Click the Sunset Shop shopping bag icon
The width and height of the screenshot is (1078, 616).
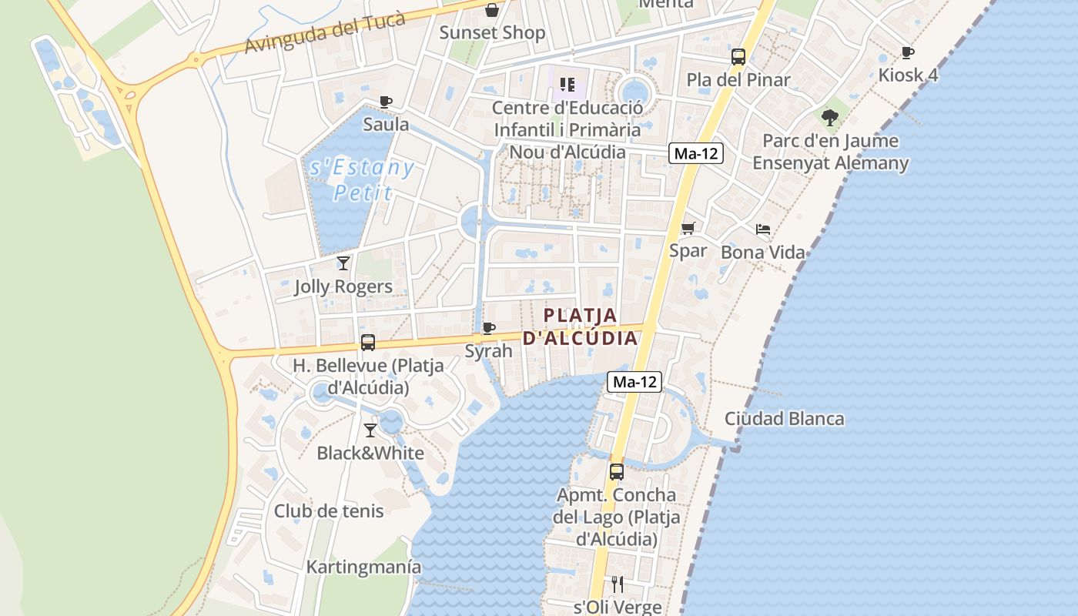click(492, 10)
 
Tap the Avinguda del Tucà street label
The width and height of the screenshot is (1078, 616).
click(325, 33)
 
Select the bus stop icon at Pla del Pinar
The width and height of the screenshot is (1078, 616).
click(738, 56)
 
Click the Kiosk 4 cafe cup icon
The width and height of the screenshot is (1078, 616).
click(908, 52)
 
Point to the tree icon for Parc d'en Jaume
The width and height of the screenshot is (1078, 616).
click(829, 118)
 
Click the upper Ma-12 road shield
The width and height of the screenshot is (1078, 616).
click(695, 153)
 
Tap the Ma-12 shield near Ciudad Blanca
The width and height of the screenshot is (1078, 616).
click(634, 381)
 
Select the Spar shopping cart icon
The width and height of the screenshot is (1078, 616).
click(688, 228)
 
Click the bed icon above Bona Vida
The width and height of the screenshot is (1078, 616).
click(762, 229)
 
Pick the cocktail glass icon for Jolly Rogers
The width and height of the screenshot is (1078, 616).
click(343, 263)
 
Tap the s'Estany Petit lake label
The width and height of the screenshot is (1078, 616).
click(361, 179)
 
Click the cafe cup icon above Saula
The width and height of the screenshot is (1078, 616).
click(386, 102)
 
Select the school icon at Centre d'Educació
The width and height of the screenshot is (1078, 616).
click(567, 85)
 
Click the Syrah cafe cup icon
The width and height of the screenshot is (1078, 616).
click(488, 329)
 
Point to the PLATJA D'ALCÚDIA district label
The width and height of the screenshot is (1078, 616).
click(581, 326)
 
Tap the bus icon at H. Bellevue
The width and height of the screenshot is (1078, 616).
click(368, 343)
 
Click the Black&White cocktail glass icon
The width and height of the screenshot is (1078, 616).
click(370, 430)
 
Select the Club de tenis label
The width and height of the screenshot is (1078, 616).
click(329, 511)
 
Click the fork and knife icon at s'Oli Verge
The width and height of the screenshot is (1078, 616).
click(617, 584)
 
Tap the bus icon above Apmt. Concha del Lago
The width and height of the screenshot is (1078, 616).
click(617, 472)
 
